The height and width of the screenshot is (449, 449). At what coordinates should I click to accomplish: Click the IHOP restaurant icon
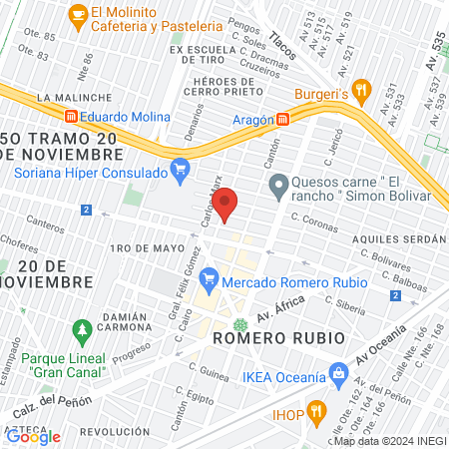[x=317, y=409]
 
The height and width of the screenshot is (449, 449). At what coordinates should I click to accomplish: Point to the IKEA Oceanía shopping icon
[x=339, y=375]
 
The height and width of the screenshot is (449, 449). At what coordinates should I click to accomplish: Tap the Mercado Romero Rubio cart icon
[x=209, y=276]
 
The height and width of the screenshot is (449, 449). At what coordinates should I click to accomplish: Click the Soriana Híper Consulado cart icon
[x=180, y=169]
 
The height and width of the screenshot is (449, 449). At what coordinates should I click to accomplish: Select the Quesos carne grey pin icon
[x=278, y=183]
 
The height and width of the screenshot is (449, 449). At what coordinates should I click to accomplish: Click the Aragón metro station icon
[x=284, y=119]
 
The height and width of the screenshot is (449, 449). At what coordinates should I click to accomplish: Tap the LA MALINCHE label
[x=69, y=97]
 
